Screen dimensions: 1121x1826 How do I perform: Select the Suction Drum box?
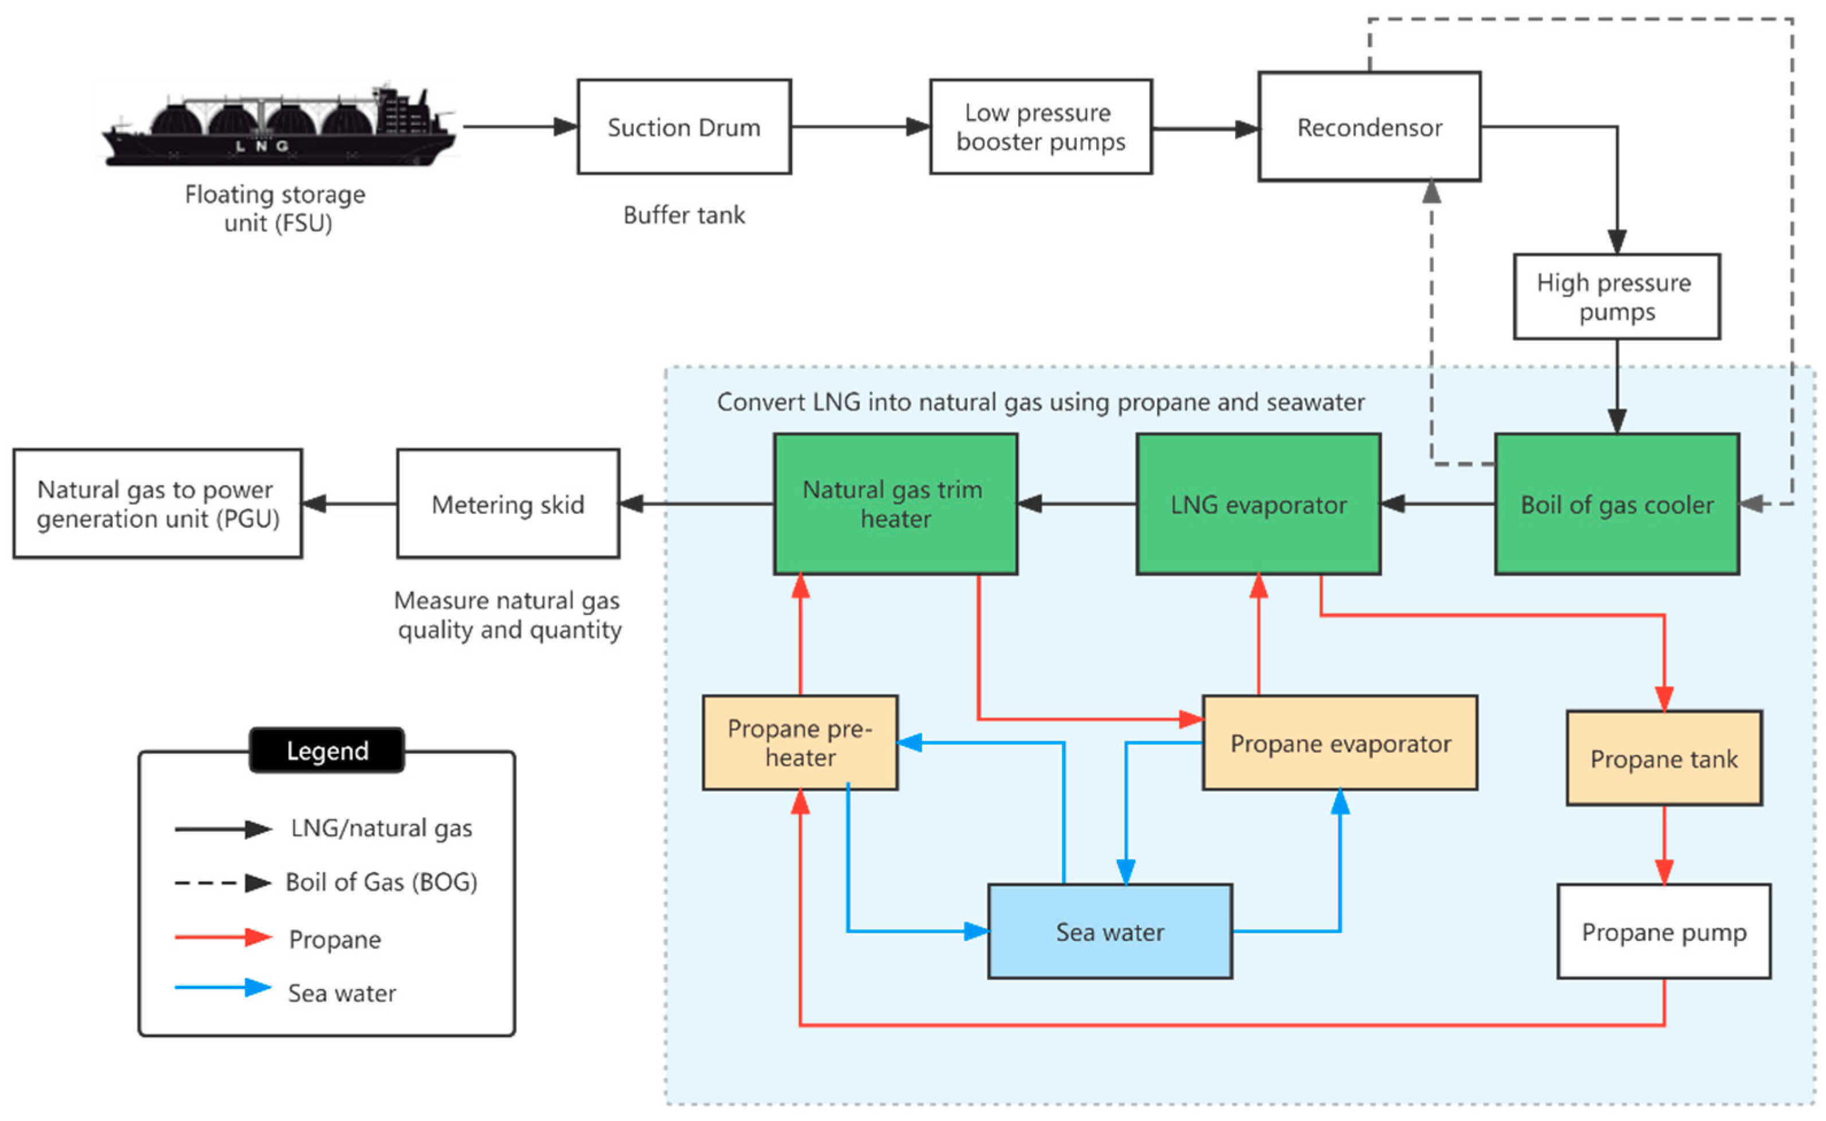(684, 127)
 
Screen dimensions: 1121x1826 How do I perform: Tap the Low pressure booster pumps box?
(1040, 127)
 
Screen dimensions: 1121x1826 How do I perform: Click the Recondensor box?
(1369, 127)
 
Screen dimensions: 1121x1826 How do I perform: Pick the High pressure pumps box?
(1616, 297)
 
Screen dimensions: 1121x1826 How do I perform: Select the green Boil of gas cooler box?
(1616, 504)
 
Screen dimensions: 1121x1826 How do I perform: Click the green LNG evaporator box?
(1257, 504)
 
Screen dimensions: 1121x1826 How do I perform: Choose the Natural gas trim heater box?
(895, 504)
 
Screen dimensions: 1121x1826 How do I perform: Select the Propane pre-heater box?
(799, 742)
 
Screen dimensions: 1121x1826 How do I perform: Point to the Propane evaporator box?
(1339, 742)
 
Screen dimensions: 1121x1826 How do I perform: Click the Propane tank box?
(1663, 758)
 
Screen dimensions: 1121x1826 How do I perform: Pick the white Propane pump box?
(1663, 931)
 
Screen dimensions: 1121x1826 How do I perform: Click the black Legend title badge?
(327, 750)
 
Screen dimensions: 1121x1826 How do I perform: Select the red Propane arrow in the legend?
(223, 937)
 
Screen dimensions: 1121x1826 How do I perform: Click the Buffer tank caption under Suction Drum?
(684, 215)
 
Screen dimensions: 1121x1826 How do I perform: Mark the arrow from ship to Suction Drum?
(519, 127)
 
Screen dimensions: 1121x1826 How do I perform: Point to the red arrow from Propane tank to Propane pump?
(1663, 845)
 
